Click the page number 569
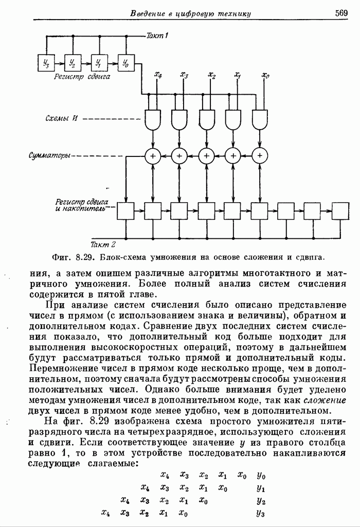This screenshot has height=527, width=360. (341, 13)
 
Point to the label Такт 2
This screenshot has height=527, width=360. (103, 244)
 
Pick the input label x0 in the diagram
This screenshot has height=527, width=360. (265, 76)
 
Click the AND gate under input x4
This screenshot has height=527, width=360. (153, 119)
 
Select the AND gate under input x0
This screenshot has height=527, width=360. (260, 119)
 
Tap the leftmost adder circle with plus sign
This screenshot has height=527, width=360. (153, 155)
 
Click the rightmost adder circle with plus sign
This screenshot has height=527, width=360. (260, 155)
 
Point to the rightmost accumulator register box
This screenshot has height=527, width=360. (340, 210)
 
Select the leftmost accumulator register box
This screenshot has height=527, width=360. (125, 210)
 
